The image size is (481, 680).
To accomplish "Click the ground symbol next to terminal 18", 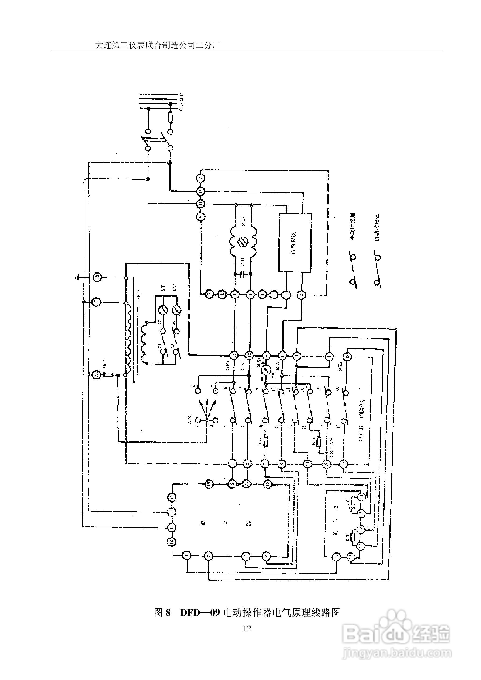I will coord(78,278).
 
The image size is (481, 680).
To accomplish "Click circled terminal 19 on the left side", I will coord(96,302).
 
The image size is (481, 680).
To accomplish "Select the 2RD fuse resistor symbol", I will coord(108,375).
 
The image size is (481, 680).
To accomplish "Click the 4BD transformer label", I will coord(139,295).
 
